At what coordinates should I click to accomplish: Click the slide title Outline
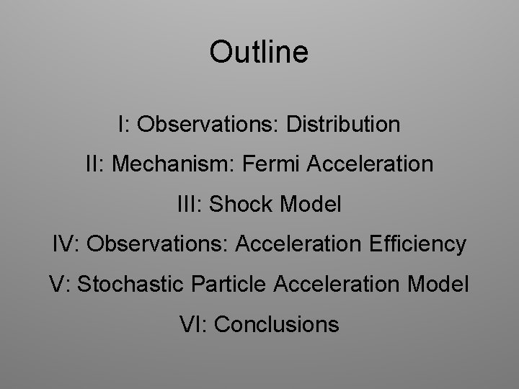pos(259,52)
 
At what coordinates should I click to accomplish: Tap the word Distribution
pos(342,125)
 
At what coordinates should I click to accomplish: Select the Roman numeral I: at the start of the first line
pos(125,125)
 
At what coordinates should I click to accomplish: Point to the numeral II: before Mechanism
pos(94,164)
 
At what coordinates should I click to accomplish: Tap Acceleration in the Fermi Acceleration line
pos(371,164)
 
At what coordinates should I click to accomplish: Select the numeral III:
pos(190,205)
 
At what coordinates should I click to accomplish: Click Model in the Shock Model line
pos(310,205)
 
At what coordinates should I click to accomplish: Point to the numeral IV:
pos(66,244)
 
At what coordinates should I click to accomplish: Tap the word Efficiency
pos(418,244)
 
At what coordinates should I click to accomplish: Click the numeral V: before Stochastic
pos(60,284)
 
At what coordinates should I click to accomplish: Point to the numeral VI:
pos(193,324)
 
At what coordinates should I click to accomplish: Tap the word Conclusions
pos(277,324)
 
